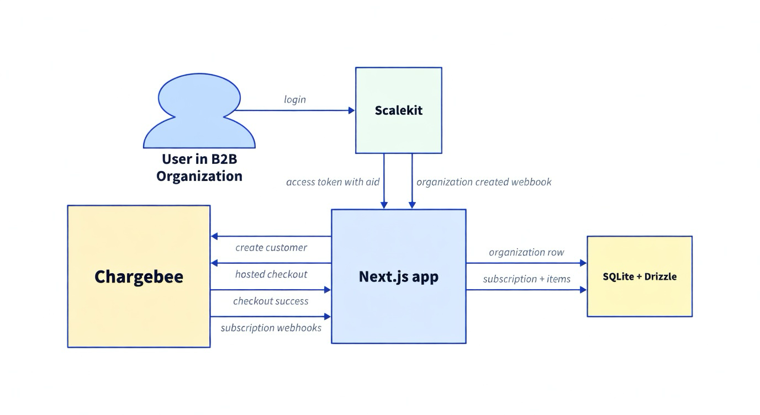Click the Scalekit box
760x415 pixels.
pos(399,110)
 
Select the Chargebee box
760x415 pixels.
pos(139,276)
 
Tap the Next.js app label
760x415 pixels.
pos(399,276)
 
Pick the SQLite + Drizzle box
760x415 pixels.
pos(640,276)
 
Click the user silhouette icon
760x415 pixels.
pos(199,110)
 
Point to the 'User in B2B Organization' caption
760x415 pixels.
pos(199,168)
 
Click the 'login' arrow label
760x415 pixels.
pos(295,99)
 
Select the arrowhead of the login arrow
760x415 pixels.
pos(352,110)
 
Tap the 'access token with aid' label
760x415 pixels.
pos(333,182)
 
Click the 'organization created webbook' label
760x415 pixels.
pos(484,182)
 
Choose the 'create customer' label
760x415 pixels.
pos(271,247)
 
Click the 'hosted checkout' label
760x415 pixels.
pos(271,274)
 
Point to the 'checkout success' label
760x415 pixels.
pos(271,301)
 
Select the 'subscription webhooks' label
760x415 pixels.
pos(271,328)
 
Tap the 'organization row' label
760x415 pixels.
pos(526,252)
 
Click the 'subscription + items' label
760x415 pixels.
pos(526,279)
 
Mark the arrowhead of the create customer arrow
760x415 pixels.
pos(214,236)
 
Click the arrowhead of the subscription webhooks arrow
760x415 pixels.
pos(328,317)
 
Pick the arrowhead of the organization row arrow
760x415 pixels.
pos(584,263)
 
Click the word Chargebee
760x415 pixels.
pos(139,277)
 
